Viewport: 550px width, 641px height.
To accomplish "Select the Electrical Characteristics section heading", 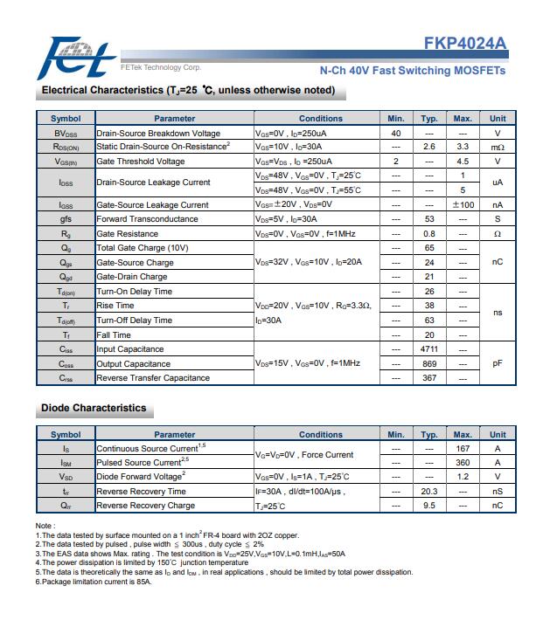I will pyautogui.click(x=188, y=90).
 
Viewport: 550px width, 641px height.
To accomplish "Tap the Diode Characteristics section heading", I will pyautogui.click(x=94, y=408).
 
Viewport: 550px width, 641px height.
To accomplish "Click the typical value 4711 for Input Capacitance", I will pyautogui.click(x=428, y=349).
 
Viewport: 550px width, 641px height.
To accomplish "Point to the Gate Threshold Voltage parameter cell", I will pyautogui.click(x=141, y=162).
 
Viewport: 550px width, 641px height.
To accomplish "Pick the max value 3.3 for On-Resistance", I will pyautogui.click(x=463, y=147).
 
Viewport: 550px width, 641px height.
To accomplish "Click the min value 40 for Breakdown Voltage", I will pyautogui.click(x=395, y=133).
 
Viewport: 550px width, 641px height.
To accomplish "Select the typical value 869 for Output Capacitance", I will pyautogui.click(x=428, y=363).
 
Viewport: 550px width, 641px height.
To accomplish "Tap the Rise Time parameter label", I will pyautogui.click(x=115, y=306).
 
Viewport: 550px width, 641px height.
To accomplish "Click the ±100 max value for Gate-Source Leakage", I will pyautogui.click(x=463, y=205).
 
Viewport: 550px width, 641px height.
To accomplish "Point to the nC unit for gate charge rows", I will pyautogui.click(x=497, y=262).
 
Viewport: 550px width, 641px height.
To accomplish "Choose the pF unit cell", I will pyautogui.click(x=497, y=363).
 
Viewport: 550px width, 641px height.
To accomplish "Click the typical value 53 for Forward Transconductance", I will pyautogui.click(x=428, y=219).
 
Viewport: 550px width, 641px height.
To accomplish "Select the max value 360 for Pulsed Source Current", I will pyautogui.click(x=463, y=463).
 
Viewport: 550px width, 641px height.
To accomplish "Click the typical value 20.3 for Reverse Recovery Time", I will pyautogui.click(x=428, y=492).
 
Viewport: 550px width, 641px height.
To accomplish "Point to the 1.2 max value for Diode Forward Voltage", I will pyautogui.click(x=463, y=477).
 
